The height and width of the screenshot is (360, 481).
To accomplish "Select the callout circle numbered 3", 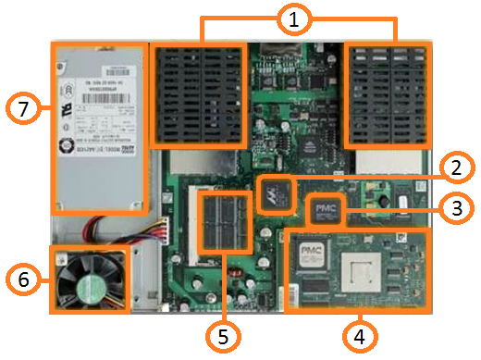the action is [452, 209].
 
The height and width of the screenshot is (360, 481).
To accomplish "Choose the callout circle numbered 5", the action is [221, 334].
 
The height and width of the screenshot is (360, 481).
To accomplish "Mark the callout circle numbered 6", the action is [25, 277].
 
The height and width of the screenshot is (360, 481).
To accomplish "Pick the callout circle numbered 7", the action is [25, 109].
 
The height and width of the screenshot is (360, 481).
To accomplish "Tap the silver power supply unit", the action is [100, 125].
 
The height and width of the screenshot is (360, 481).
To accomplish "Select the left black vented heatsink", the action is [199, 95].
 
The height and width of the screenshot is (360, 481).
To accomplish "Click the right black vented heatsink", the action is [387, 95].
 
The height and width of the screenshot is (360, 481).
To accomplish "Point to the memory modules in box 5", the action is [223, 223].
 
